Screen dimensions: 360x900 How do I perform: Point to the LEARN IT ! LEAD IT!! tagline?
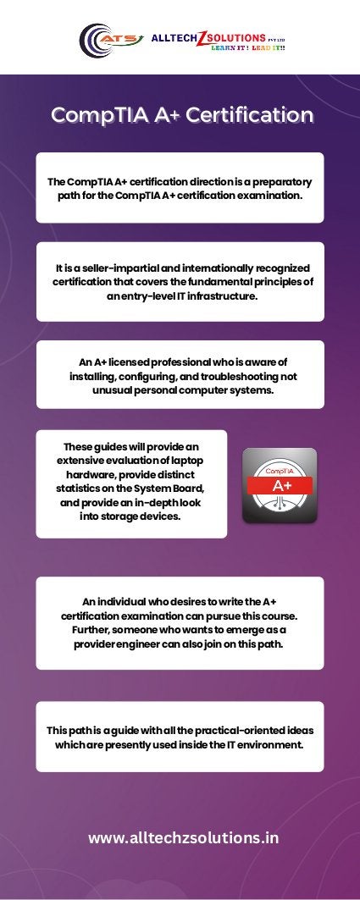pos(246,47)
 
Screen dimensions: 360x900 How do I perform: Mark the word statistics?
pos(81,489)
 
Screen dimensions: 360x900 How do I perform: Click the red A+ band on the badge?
pos(280,486)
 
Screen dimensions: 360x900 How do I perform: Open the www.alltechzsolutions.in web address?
pos(183,838)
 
